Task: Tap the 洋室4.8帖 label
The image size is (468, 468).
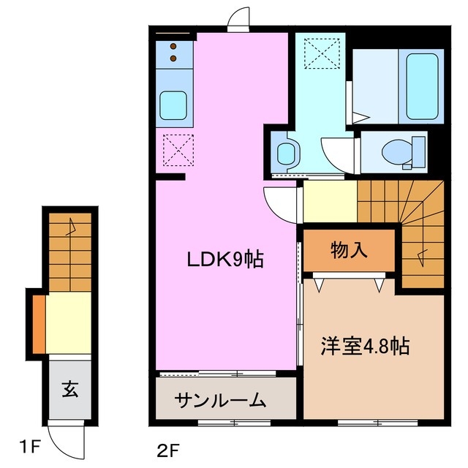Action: [x=364, y=345]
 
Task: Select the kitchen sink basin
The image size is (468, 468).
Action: [x=174, y=105]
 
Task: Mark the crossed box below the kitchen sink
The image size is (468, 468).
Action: [x=174, y=150]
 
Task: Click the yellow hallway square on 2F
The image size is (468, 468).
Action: [x=330, y=201]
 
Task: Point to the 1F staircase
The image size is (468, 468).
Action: [x=69, y=249]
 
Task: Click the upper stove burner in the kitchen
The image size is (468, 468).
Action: [x=174, y=45]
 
